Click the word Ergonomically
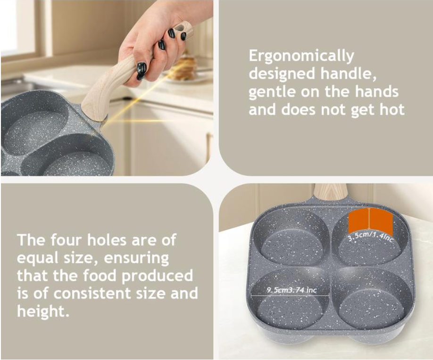pos(301,57)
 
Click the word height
pos(43,311)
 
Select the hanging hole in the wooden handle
pos(182,33)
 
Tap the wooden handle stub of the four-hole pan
pos(331,190)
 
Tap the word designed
pos(282,74)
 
